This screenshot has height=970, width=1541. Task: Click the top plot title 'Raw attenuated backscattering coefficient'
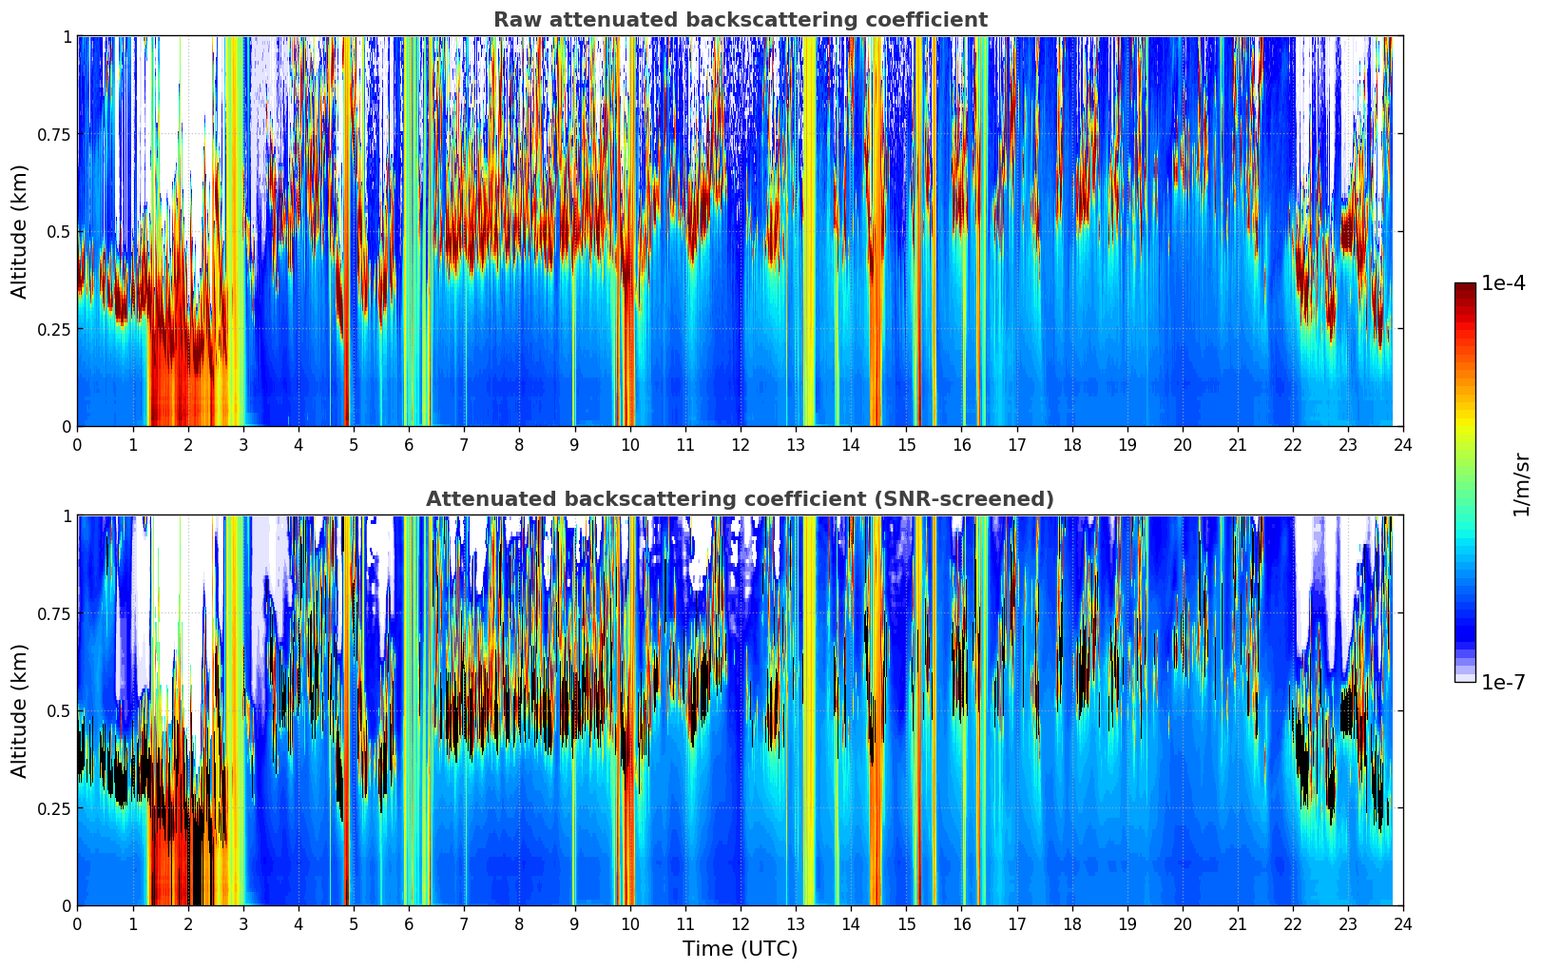click(740, 20)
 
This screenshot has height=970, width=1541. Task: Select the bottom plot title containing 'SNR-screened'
click(740, 499)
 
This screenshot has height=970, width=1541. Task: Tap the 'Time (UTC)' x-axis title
click(740, 949)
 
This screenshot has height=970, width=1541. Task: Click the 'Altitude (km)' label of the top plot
click(20, 231)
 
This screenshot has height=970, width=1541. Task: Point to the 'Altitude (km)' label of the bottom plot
click(20, 710)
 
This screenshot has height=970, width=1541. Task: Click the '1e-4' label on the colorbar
click(1503, 283)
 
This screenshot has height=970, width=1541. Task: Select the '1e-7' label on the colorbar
click(1503, 682)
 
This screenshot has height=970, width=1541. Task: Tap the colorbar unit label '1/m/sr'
click(1521, 484)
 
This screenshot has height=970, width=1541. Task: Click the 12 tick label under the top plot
click(741, 444)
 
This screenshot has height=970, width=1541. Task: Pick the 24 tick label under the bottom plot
click(1403, 923)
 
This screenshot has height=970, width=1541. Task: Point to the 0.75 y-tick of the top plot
click(53, 134)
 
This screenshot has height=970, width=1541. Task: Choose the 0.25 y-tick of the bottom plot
click(53, 808)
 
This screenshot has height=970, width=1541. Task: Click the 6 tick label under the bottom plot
click(409, 923)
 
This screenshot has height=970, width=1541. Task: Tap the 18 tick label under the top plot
click(1072, 444)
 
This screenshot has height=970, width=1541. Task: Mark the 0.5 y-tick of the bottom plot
click(59, 710)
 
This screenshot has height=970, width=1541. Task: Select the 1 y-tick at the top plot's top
click(67, 36)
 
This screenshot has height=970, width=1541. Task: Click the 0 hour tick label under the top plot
click(78, 444)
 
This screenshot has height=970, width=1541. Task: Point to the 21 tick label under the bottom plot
click(1238, 923)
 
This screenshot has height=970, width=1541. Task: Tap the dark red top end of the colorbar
click(1465, 288)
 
